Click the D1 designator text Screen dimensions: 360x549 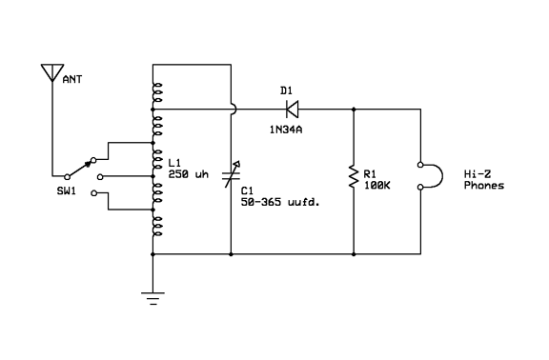(286, 90)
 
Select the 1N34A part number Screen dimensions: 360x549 (286, 128)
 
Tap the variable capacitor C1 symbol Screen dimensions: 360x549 (232, 176)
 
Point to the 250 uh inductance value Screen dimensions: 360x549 (187, 174)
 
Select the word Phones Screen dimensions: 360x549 (484, 186)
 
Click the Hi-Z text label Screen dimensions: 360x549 (478, 173)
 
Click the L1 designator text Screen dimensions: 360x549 (173, 163)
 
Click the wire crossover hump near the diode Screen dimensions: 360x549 (233, 110)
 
